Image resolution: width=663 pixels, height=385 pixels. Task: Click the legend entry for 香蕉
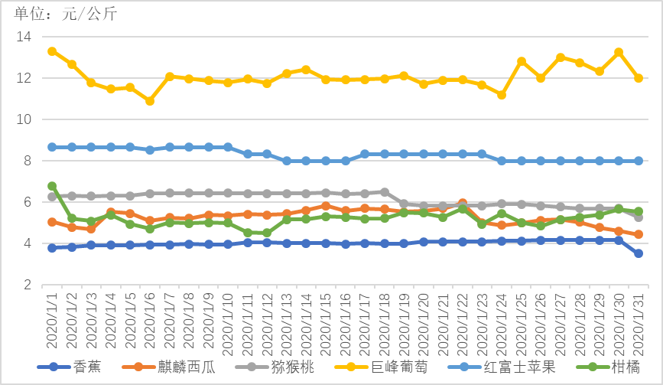tap(86, 367)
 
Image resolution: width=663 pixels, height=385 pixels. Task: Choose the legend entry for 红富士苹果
tap(515, 367)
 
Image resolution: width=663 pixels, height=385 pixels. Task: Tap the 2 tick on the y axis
tap(26, 285)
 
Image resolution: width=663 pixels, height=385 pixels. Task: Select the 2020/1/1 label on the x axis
tap(52, 321)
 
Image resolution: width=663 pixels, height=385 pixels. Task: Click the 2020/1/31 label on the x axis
tap(639, 321)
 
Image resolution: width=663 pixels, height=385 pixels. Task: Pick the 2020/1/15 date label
tap(326, 321)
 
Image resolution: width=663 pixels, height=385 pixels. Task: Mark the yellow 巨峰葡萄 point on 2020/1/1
tap(52, 51)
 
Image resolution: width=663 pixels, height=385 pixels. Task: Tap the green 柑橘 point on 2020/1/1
tap(52, 186)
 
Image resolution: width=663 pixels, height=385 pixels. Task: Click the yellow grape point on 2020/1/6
tap(150, 101)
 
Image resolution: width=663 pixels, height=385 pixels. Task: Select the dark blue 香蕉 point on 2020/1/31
tap(639, 253)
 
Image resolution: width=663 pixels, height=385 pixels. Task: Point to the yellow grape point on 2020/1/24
tap(502, 95)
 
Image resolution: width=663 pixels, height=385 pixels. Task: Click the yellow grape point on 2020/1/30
tap(619, 53)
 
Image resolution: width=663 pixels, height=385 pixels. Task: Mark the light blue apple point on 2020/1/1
tap(52, 147)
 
